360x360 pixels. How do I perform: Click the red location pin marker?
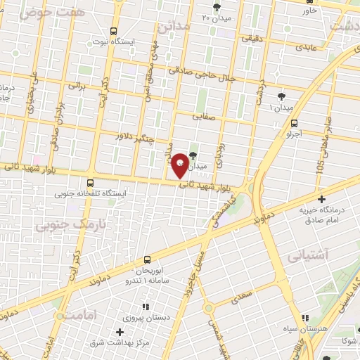click(180, 165)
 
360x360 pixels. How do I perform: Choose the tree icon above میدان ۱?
click(282, 97)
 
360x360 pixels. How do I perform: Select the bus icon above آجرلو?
click(293, 122)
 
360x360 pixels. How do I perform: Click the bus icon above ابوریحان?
click(147, 260)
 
